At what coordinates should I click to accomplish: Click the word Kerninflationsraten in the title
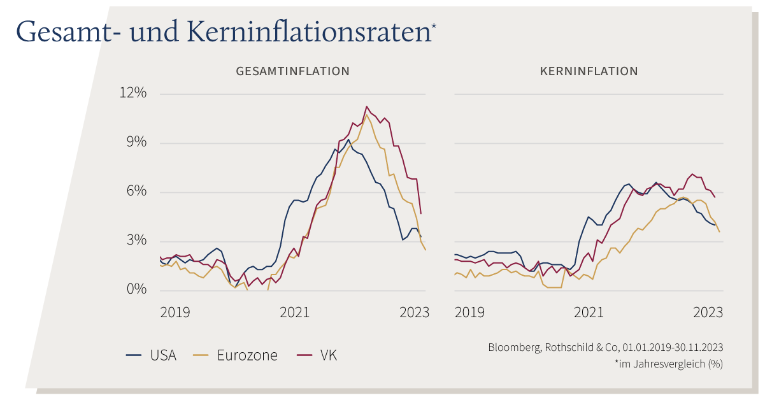pos(309,31)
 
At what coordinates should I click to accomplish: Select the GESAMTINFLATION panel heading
pos(292,71)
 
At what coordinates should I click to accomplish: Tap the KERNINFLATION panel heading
pos(589,71)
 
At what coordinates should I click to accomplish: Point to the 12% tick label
pos(133,92)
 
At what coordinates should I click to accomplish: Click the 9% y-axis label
pos(136,142)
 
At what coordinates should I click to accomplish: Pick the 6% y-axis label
pos(136,191)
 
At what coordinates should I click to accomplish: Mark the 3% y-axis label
pos(136,240)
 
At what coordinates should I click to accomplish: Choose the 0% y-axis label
pos(136,289)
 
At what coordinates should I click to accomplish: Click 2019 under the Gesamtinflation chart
pos(175,313)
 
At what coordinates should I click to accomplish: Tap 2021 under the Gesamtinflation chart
pos(295,313)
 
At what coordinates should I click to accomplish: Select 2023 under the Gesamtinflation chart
pos(414,313)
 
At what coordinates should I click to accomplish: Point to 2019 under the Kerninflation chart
pos(469,313)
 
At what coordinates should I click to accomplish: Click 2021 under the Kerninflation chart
pos(589,313)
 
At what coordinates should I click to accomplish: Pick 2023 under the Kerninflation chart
pos(708,313)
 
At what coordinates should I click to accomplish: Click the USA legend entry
pos(152,355)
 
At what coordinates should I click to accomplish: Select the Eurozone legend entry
pos(235,355)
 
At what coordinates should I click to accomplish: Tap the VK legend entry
pos(317,355)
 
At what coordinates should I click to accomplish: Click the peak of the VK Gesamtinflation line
pos(366,106)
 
